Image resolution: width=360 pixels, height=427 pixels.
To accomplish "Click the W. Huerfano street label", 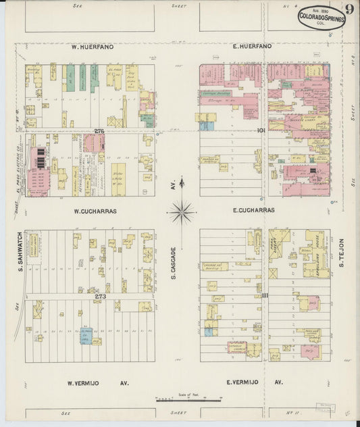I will point(93,47).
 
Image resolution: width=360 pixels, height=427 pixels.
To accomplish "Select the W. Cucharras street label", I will point(95,211).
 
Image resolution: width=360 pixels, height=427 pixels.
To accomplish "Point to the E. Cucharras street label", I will point(254,211).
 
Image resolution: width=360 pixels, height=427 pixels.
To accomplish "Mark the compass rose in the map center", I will point(182,214).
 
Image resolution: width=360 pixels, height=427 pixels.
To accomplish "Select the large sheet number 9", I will point(349,9).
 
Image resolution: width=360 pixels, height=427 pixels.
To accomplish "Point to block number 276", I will point(99,130).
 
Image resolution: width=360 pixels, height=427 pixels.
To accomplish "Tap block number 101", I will point(259,130).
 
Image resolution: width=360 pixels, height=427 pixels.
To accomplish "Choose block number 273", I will point(100,296).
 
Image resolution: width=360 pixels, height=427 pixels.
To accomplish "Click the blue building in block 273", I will point(86,336).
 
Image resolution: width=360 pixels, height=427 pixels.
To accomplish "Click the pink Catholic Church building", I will point(236,347).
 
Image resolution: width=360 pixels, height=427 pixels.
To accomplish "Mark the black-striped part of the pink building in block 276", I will point(41,158).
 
